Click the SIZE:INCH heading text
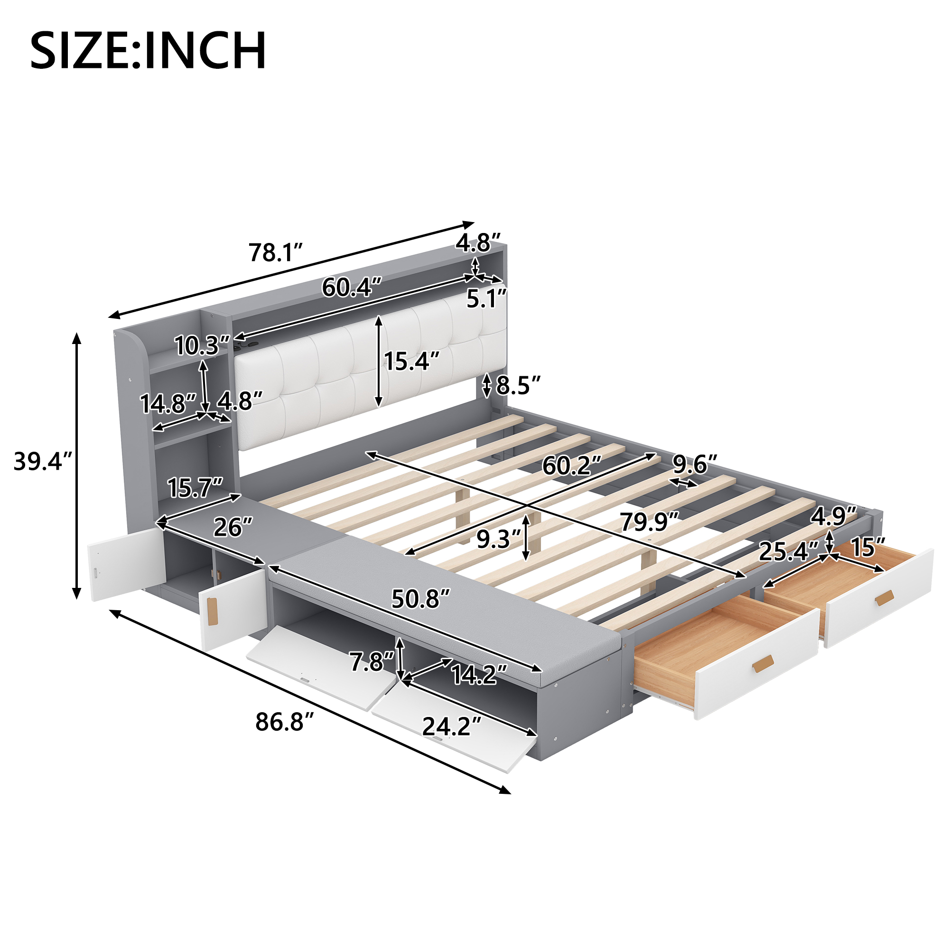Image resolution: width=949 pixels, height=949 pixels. (x=149, y=51)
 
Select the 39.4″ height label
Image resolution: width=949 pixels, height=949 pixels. (x=43, y=462)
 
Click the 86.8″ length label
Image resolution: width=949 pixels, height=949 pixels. (x=284, y=723)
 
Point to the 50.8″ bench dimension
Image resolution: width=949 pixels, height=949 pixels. (x=420, y=599)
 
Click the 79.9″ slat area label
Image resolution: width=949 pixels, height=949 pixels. (x=650, y=521)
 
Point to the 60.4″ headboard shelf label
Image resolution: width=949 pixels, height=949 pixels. (x=352, y=288)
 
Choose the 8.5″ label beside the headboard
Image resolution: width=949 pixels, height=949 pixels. (x=518, y=386)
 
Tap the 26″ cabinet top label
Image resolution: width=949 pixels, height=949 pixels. (x=233, y=528)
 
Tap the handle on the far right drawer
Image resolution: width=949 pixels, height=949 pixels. (x=884, y=598)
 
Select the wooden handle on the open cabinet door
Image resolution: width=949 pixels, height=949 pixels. (x=212, y=613)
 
